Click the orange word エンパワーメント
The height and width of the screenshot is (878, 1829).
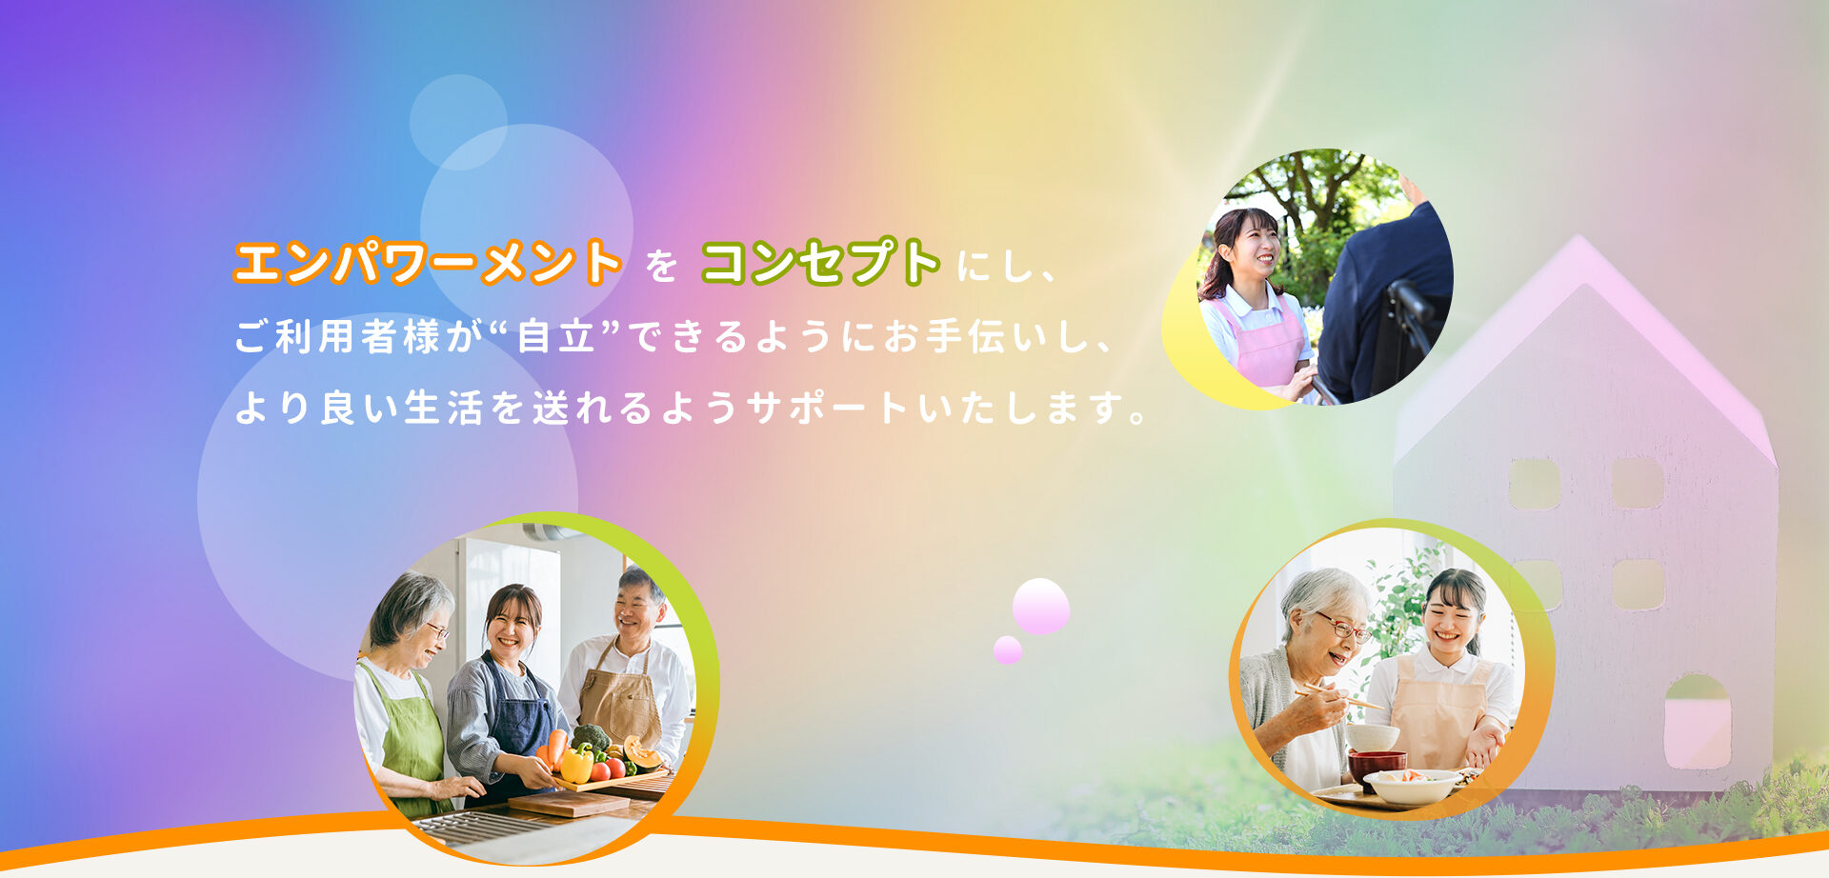pyautogui.click(x=428, y=263)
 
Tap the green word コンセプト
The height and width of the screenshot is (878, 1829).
pyautogui.click(x=821, y=263)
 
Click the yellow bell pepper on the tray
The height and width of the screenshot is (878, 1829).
pyautogui.click(x=575, y=765)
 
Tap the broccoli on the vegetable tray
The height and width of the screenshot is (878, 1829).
pyautogui.click(x=591, y=738)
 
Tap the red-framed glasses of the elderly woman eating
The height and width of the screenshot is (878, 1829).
pyautogui.click(x=1343, y=628)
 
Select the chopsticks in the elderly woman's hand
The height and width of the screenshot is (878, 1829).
pyautogui.click(x=1338, y=696)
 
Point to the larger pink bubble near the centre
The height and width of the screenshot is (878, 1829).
pyautogui.click(x=1040, y=606)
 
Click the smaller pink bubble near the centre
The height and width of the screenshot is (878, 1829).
pyautogui.click(x=1008, y=650)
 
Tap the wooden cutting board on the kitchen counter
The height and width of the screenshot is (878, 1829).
pyautogui.click(x=569, y=803)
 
